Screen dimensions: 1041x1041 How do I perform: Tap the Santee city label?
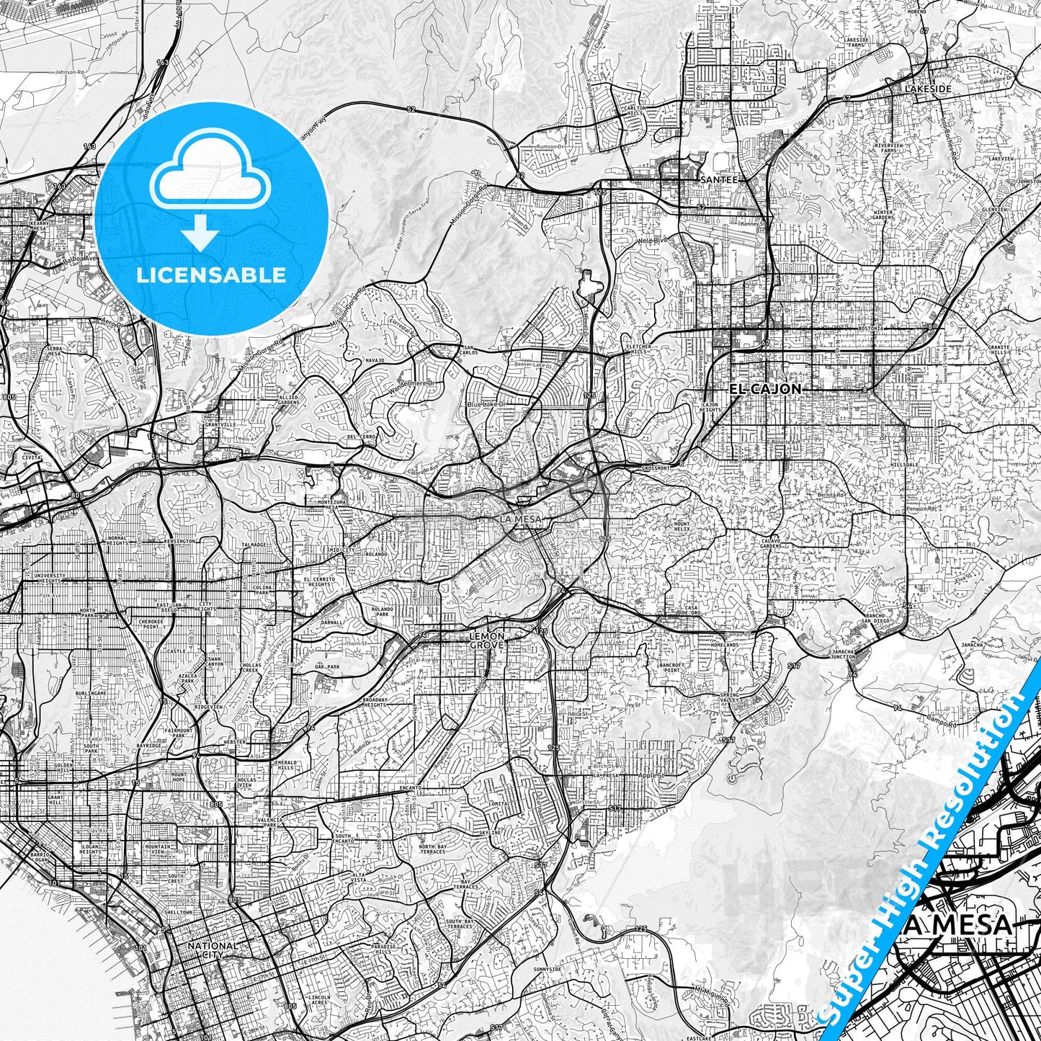(x=719, y=179)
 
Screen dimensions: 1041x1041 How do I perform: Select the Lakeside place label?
(x=929, y=89)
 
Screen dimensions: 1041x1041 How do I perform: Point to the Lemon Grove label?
(x=487, y=640)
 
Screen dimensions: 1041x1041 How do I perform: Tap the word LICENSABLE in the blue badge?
(x=211, y=274)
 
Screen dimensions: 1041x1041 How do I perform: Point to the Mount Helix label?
(x=682, y=527)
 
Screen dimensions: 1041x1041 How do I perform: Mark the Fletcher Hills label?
(x=639, y=349)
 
